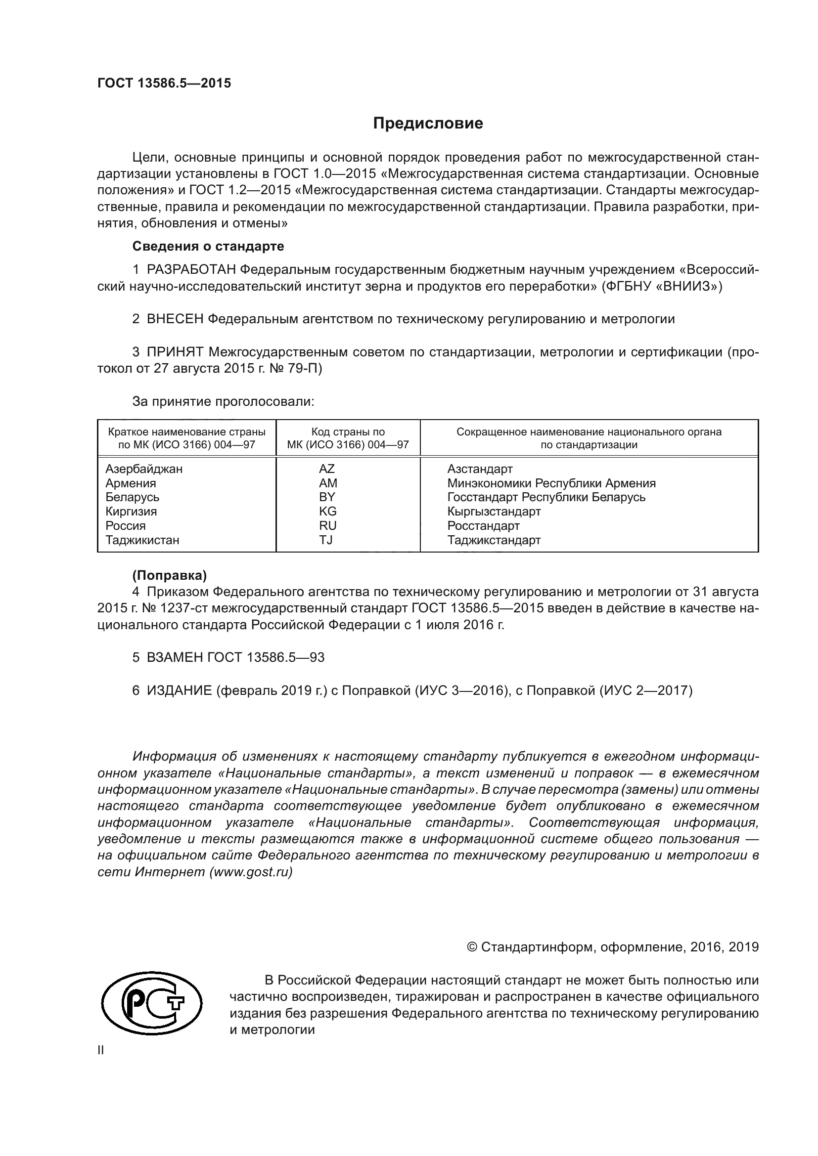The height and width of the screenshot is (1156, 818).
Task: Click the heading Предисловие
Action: (428, 124)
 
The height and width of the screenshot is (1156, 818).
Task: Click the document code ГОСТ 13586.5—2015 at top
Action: (164, 83)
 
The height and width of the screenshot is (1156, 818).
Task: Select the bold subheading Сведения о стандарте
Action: (208, 246)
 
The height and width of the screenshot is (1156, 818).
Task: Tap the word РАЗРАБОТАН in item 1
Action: (191, 270)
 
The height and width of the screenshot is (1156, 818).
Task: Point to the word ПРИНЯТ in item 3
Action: (175, 352)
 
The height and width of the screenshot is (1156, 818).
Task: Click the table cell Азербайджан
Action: (144, 469)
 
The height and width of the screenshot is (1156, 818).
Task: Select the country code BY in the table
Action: (327, 497)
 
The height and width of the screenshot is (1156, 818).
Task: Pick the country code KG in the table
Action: (327, 512)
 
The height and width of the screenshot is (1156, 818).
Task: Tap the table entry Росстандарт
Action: (484, 526)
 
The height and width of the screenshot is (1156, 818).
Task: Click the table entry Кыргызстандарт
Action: (494, 512)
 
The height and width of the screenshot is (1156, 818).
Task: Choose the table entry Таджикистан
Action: (142, 540)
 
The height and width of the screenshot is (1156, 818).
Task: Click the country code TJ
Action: (326, 540)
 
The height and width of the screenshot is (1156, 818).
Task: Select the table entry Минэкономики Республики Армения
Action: (551, 483)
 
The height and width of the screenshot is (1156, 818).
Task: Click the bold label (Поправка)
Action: (169, 575)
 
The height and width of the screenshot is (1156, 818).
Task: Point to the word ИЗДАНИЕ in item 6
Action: (180, 690)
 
